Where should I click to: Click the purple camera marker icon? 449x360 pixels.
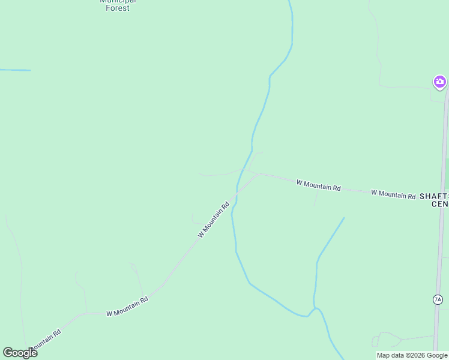coord(439,82)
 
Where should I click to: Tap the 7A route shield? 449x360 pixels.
coord(437,299)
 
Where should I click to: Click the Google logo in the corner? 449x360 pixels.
coord(20,353)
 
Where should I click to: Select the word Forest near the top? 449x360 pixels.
coord(118,8)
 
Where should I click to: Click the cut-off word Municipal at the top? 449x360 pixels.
coord(118,1)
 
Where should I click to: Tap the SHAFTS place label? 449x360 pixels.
coord(433,196)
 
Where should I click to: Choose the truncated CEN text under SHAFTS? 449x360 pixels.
coord(439,204)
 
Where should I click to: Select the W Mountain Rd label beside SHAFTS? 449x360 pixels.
coord(393,194)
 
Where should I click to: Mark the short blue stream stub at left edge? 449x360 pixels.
coord(15,70)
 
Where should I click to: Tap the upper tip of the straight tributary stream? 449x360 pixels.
coord(344,218)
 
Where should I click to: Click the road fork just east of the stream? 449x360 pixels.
coord(259,175)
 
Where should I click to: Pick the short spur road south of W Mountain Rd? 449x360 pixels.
coord(315,197)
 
